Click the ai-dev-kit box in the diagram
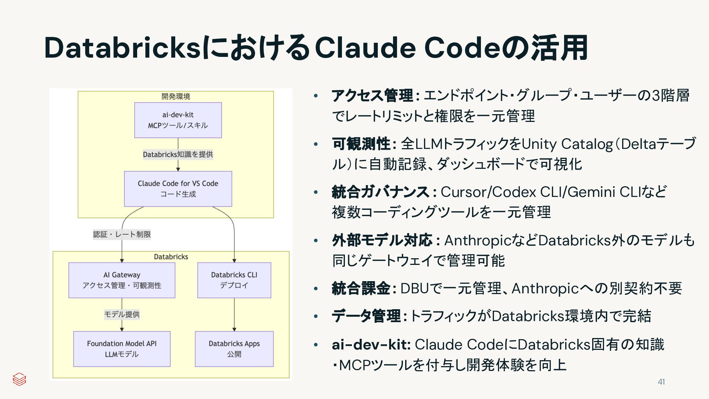(178, 120)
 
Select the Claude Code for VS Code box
(178, 189)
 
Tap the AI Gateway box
(122, 280)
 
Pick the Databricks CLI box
(234, 280)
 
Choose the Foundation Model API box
(122, 349)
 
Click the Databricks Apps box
(234, 349)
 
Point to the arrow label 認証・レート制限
(122, 234)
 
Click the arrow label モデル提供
(122, 314)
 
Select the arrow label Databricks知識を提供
(178, 154)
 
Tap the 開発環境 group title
(176, 96)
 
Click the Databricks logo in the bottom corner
(19, 379)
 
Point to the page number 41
(661, 382)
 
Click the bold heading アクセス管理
(372, 96)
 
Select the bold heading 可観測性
(361, 144)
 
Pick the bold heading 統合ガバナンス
(380, 192)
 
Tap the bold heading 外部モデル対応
(382, 240)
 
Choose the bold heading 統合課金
(361, 288)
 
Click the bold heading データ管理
(366, 316)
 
